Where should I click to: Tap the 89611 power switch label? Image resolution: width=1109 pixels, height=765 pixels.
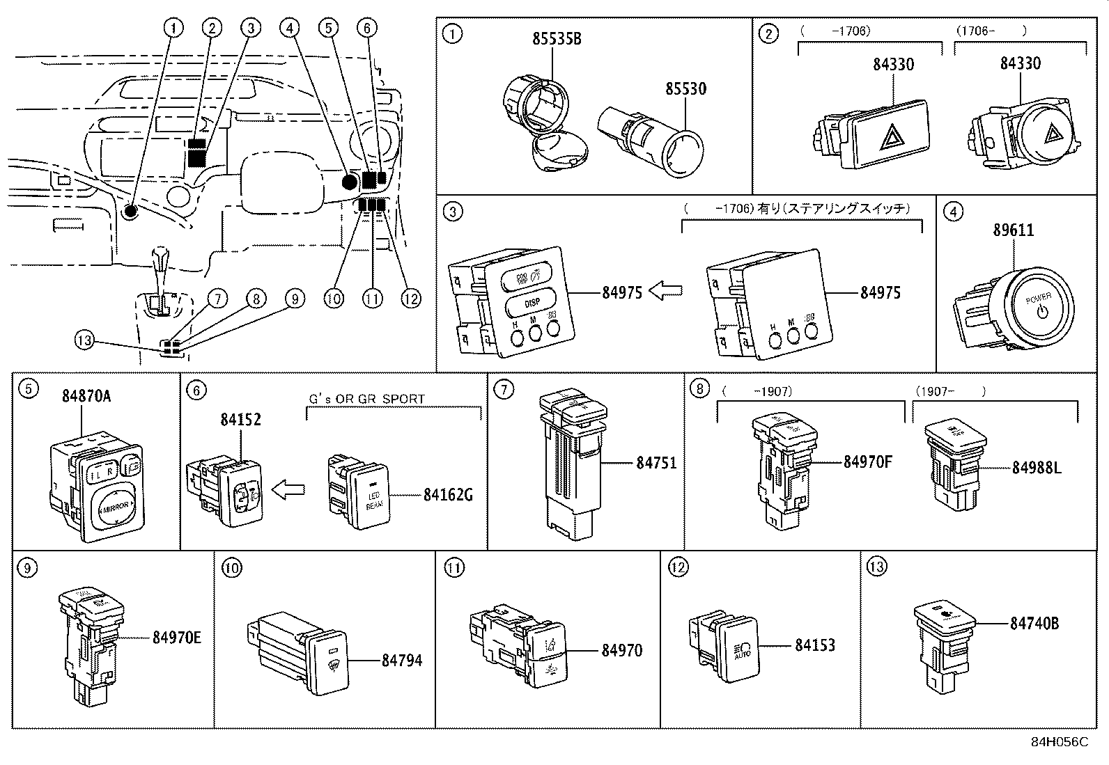click(1013, 230)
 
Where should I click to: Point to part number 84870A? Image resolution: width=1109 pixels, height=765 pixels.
click(86, 397)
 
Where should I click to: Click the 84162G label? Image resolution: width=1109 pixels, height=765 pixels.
click(448, 495)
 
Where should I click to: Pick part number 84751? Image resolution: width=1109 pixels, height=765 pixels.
click(656, 463)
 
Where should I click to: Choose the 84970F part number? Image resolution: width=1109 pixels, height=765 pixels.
click(867, 461)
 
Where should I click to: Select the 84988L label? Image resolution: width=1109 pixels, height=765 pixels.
click(1037, 468)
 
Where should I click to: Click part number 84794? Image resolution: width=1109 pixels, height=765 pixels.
click(402, 660)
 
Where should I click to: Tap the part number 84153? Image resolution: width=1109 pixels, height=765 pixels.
click(815, 645)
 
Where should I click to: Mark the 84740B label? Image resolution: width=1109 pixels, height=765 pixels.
click(1034, 624)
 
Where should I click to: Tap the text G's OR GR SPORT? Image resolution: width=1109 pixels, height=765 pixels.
click(366, 399)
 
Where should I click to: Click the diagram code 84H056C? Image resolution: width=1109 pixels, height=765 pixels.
click(1059, 742)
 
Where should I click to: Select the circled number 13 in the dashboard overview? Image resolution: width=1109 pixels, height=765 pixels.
click(84, 340)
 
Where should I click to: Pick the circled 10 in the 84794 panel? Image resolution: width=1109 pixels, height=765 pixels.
click(231, 567)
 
